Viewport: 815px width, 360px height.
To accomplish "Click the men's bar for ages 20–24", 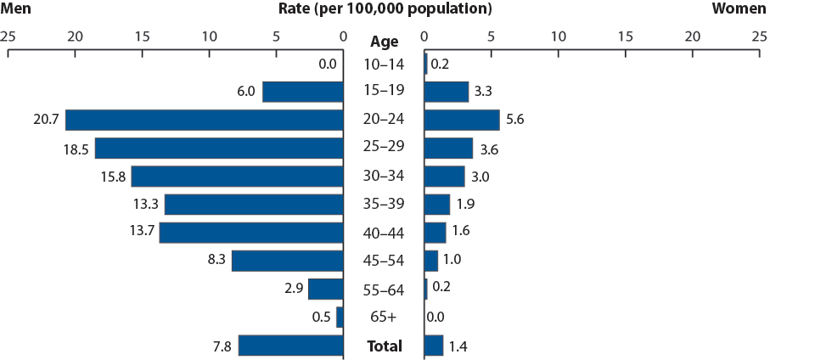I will point(204,120).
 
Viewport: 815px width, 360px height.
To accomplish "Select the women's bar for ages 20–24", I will point(462,120).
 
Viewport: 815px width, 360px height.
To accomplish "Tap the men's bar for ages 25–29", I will point(219,148).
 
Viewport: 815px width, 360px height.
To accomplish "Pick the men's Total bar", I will point(290,346).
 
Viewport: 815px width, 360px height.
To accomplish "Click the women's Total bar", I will point(433,346).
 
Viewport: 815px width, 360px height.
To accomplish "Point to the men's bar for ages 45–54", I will point(287,261).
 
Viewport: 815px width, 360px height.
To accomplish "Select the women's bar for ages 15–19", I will point(446,92).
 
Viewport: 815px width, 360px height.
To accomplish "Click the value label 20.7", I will point(42,120).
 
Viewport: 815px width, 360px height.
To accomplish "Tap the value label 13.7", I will point(142,232).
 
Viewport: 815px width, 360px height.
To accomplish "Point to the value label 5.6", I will point(514,120).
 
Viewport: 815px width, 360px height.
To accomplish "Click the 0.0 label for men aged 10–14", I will point(327,64).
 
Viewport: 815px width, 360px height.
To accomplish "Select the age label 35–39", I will point(384,204).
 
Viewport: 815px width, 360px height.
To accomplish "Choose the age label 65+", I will point(384,317).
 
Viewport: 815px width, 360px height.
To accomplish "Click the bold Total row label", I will point(384,346).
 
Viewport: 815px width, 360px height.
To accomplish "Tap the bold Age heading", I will point(384,40).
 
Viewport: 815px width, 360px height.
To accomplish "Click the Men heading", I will point(17,9).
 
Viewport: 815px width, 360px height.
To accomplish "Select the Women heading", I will point(739,9).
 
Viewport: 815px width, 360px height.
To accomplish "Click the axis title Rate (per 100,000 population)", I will point(385,9).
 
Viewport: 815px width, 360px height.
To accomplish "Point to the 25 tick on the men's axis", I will point(8,37).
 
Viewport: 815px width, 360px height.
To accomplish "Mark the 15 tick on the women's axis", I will point(625,37).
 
